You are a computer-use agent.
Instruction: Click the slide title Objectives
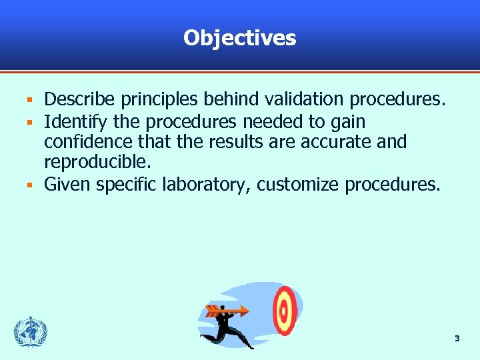click(x=239, y=38)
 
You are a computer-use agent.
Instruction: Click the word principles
click(x=159, y=100)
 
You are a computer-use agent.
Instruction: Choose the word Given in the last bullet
click(x=67, y=184)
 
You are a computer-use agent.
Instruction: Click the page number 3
click(x=457, y=339)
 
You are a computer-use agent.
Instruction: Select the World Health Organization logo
click(x=31, y=331)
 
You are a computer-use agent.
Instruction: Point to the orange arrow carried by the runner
click(x=227, y=310)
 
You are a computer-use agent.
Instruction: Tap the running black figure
click(x=230, y=327)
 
